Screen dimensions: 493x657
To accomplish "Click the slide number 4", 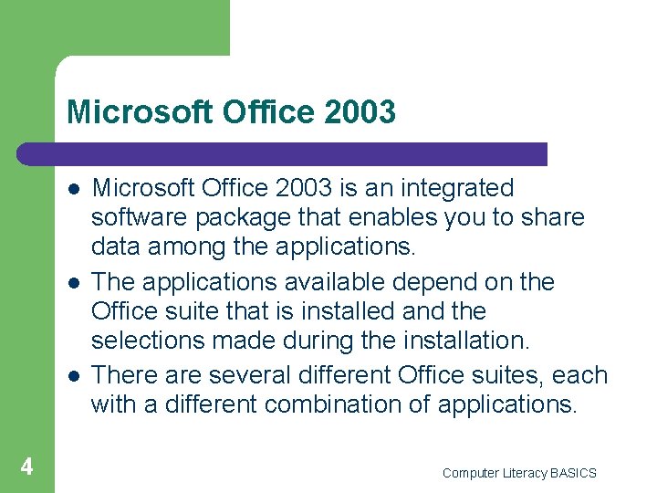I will point(27,467).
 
